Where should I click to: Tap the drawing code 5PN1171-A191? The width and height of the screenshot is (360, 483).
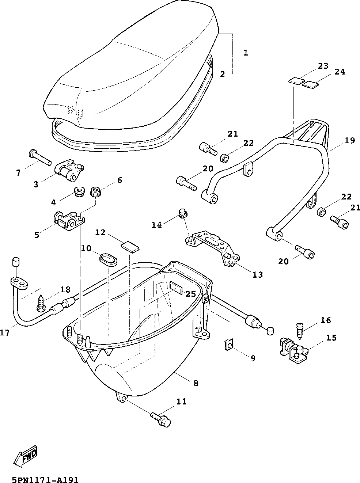coord(45,479)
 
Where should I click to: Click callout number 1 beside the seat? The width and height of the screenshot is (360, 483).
coord(246,53)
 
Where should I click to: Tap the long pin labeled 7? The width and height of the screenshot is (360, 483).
coord(40,157)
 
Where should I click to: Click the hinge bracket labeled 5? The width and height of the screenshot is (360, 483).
coord(69,221)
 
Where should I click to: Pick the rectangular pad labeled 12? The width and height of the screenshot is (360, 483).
coord(130,247)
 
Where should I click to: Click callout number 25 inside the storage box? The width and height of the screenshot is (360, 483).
coord(190,294)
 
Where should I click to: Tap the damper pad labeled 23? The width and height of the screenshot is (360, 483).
coord(296,81)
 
